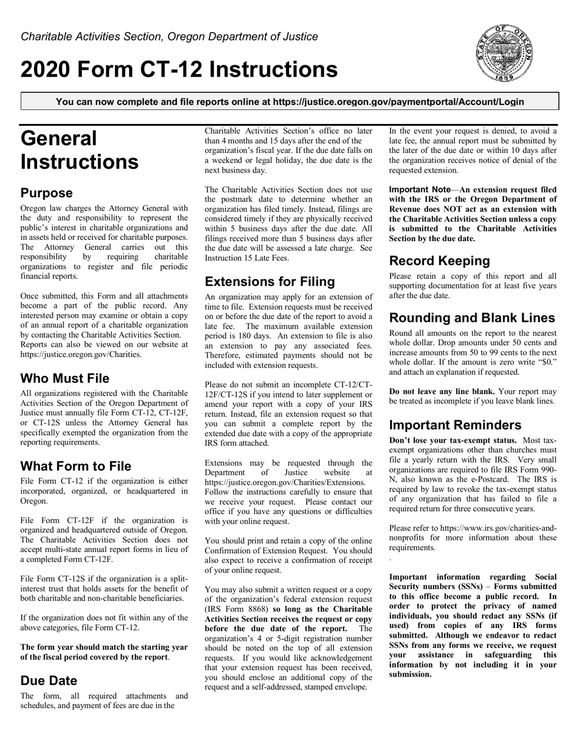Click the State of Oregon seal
pos(505,53)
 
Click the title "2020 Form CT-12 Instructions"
pos(179,69)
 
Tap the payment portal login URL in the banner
pos(398,101)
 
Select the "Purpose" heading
pos(47,193)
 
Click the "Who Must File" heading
pos(65,378)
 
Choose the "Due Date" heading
pos(49,680)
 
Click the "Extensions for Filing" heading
pos(270,282)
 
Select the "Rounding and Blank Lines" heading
pos(472,318)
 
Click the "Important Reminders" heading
pos(455,425)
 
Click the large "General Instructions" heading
pos(80,151)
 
